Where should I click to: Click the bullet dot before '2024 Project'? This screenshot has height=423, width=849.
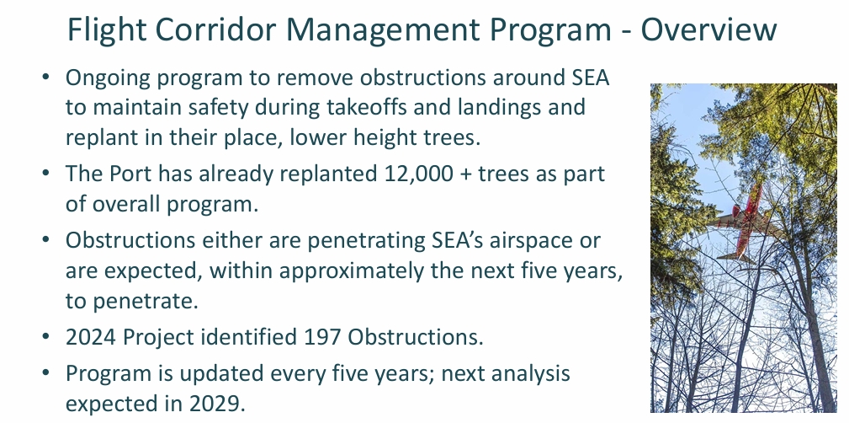pyautogui.click(x=46, y=339)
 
